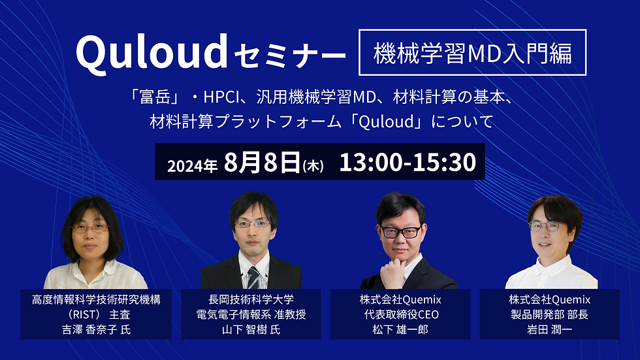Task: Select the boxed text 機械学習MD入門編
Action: click(472, 53)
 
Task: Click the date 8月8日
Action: click(262, 162)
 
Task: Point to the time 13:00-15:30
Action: click(408, 162)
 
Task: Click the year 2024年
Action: click(192, 166)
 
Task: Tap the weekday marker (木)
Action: click(313, 166)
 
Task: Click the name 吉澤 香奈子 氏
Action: click(97, 329)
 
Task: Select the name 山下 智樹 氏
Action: click(251, 329)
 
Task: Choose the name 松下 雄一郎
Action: click(400, 329)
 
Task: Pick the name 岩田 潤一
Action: click(549, 329)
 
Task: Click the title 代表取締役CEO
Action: click(401, 314)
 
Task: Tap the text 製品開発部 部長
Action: click(549, 314)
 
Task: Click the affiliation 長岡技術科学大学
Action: click(251, 299)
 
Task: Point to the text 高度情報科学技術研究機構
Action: click(97, 299)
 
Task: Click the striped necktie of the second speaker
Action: click(253, 278)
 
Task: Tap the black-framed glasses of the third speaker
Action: click(400, 232)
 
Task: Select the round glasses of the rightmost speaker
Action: click(545, 225)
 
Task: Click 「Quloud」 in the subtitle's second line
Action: click(387, 122)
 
